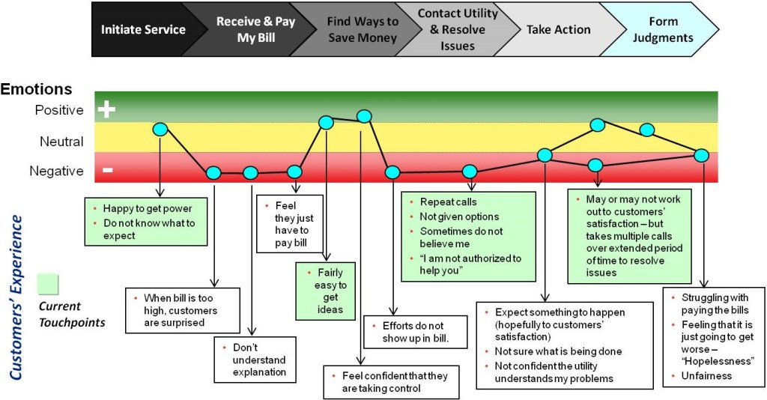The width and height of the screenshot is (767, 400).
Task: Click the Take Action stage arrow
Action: pyautogui.click(x=558, y=30)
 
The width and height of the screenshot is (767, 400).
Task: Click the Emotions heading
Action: pyautogui.click(x=37, y=89)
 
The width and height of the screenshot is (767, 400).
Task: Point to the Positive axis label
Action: pyautogui.click(x=59, y=110)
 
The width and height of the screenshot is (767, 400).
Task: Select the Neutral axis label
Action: pyautogui.click(x=61, y=141)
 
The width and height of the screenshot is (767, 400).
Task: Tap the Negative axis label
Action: pyautogui.click(x=56, y=171)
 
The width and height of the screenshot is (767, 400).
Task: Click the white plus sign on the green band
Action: pyautogui.click(x=107, y=110)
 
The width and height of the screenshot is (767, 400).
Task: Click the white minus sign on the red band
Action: pyautogui.click(x=107, y=170)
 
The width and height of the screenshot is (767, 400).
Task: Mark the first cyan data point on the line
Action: pyautogui.click(x=160, y=129)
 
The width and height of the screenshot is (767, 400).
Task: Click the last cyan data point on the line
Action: pyautogui.click(x=701, y=155)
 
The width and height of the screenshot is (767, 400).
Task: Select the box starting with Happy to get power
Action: pyautogui.click(x=145, y=221)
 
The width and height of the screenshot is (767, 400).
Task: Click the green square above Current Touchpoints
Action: pyautogui.click(x=48, y=285)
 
